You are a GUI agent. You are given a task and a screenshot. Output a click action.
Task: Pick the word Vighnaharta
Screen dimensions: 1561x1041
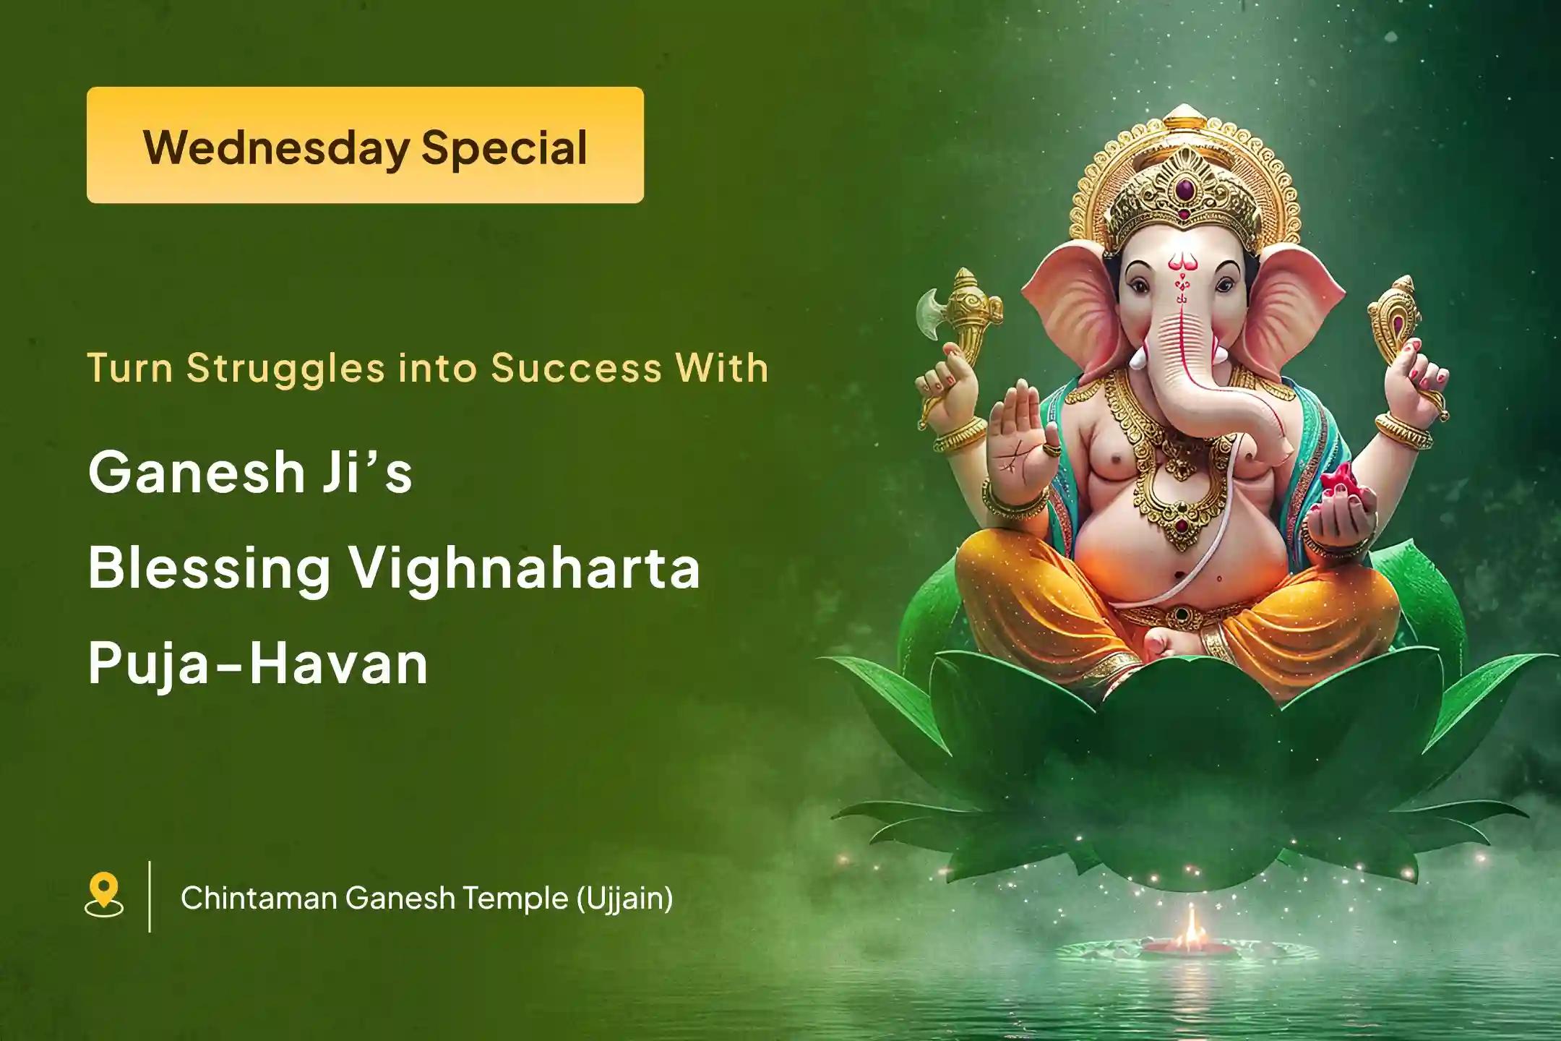pos(525,570)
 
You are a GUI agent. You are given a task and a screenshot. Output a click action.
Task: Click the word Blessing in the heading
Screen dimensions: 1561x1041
pos(210,570)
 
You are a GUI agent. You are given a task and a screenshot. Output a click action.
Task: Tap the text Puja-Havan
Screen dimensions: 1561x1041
pos(258,663)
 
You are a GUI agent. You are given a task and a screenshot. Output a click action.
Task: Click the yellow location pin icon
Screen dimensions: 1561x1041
pos(104,896)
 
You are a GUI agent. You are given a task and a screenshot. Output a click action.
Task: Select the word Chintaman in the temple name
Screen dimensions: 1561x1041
pos(257,899)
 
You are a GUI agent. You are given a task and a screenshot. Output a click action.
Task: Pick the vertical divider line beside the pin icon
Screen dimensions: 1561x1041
pos(150,896)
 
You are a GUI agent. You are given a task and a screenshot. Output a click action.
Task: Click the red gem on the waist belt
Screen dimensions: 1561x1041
pos(1181,615)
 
